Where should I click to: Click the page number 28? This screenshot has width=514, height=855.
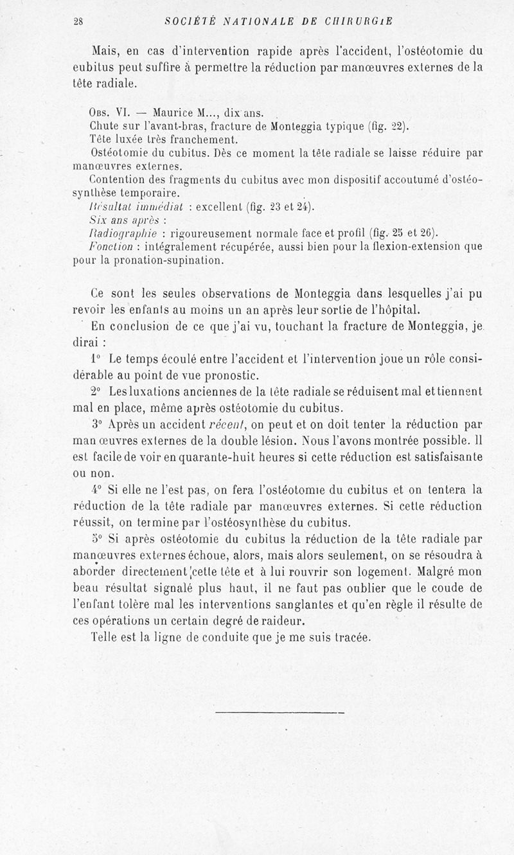click(78, 21)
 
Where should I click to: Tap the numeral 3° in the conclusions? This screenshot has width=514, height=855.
click(97, 426)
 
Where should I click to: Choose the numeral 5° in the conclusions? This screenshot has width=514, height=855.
click(97, 539)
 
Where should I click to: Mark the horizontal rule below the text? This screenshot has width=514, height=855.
click(279, 713)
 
